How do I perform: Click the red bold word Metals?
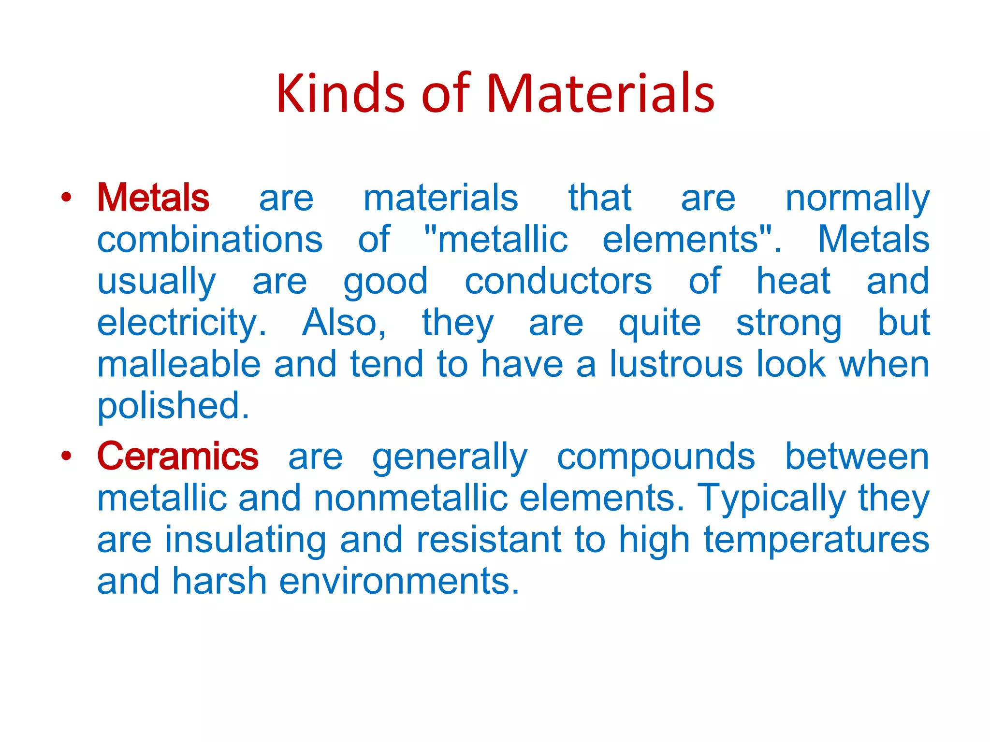[x=153, y=198]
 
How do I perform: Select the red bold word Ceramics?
[x=177, y=456]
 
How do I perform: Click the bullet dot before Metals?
[x=66, y=197]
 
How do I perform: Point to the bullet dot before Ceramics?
[x=66, y=456]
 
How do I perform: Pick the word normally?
[x=857, y=199]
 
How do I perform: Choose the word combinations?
[x=210, y=240]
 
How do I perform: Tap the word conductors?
[x=558, y=281]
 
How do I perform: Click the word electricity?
[x=181, y=323]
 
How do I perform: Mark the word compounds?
[x=655, y=457]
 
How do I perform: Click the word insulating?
[x=245, y=540]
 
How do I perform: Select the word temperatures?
[x=816, y=540]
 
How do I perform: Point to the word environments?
[x=399, y=581]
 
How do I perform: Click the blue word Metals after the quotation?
[x=874, y=240]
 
